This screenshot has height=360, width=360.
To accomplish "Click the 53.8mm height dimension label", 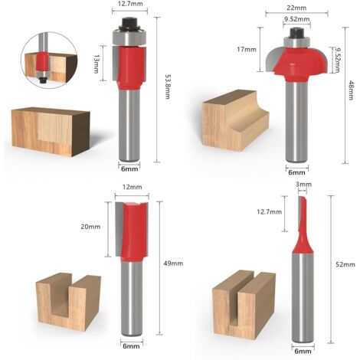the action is [168, 87].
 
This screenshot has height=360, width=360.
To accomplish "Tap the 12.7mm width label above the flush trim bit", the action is [130, 4].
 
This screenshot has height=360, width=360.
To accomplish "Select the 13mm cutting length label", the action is [96, 64].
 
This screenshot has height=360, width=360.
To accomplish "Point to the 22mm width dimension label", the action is [296, 8].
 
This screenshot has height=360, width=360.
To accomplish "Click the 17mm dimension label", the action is [247, 49].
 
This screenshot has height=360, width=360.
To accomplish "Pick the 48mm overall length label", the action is [352, 90].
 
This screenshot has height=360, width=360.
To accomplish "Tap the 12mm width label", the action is [133, 187].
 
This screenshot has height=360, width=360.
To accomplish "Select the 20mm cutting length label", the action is [90, 227].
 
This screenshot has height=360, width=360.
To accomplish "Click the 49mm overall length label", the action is [173, 263].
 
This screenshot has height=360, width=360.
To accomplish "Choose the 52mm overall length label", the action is [345, 264].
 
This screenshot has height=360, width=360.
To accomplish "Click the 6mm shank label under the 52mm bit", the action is [303, 352].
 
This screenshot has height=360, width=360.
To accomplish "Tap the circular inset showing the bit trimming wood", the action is [49, 61].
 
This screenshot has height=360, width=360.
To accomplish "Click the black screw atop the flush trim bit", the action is [130, 23].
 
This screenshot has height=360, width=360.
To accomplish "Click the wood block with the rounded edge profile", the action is [235, 120].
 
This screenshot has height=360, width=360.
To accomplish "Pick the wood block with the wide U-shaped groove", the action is [68, 301].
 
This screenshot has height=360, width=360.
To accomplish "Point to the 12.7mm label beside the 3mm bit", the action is [270, 211].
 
